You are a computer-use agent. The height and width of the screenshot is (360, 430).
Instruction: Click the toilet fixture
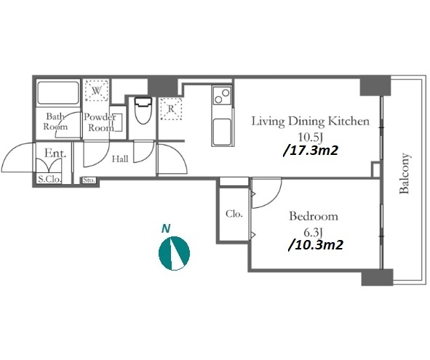click(x=143, y=111)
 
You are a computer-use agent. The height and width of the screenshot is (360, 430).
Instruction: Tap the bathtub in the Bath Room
click(x=58, y=92)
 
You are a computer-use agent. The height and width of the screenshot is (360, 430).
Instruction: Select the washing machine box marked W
click(x=96, y=91)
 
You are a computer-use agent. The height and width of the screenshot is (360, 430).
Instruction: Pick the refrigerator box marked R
click(x=171, y=108)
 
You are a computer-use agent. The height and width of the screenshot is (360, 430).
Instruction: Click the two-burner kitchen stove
click(x=222, y=96)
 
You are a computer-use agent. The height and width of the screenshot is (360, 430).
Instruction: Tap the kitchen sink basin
click(x=222, y=132)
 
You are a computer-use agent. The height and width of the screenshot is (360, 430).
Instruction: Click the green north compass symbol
click(x=174, y=253)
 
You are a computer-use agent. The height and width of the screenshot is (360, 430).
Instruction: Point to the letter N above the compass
click(x=166, y=228)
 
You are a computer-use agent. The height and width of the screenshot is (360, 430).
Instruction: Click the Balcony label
click(x=405, y=173)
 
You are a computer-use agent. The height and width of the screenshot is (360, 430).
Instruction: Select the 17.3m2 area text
click(x=310, y=151)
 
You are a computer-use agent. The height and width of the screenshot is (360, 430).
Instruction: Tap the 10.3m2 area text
click(x=315, y=244)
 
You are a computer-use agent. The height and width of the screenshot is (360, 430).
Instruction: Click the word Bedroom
click(x=314, y=216)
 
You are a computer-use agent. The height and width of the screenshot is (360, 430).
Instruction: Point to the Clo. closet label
click(x=234, y=214)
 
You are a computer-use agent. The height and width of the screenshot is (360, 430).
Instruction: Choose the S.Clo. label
click(x=49, y=180)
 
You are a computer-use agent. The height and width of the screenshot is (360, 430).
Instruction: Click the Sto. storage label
click(x=89, y=180)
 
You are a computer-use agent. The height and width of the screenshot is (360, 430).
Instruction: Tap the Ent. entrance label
click(x=55, y=153)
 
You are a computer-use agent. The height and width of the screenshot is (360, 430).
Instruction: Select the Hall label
click(x=120, y=159)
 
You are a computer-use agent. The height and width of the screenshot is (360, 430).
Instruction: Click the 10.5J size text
click(x=310, y=137)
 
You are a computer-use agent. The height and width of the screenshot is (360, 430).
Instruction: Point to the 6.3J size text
click(x=313, y=233)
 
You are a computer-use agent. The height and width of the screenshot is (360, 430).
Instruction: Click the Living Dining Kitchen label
click(x=311, y=121)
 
